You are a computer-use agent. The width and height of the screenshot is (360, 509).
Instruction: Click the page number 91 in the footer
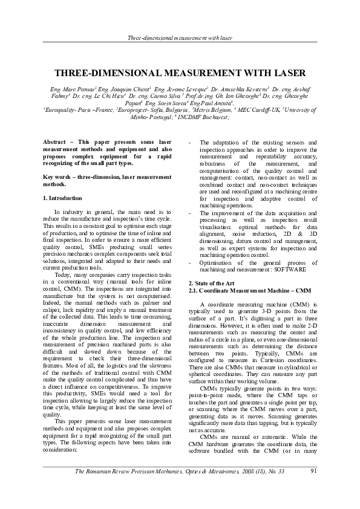pyautogui.click(x=313, y=488)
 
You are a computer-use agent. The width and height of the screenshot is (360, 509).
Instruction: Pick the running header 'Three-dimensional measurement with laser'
pyautogui.click(x=180, y=38)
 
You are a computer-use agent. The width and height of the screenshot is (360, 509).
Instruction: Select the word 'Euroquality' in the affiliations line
pyautogui.click(x=62, y=111)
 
